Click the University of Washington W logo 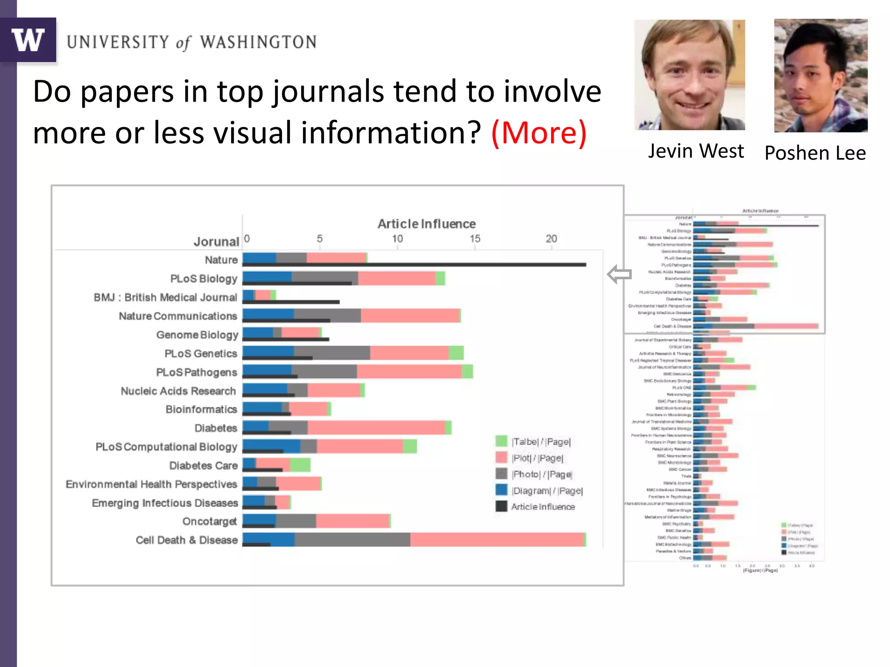click(x=28, y=40)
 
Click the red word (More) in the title click(x=539, y=133)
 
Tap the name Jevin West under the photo click(x=696, y=151)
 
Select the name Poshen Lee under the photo click(x=815, y=153)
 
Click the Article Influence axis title click(x=426, y=224)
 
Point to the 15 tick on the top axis click(x=475, y=239)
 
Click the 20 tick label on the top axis click(x=551, y=239)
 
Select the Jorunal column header click(x=216, y=242)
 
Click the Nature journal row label click(x=221, y=260)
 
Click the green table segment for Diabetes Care click(x=300, y=464)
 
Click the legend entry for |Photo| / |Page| click(x=541, y=474)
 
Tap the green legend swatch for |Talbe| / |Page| click(x=501, y=441)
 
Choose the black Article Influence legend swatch click(x=501, y=506)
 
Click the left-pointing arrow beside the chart click(x=619, y=274)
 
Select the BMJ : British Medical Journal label click(x=165, y=297)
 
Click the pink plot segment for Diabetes click(x=376, y=427)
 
